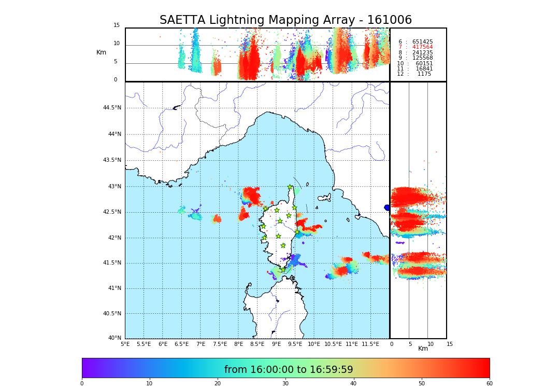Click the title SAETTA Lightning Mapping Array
pyautogui.click(x=285, y=20)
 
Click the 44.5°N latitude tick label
pyautogui.click(x=112, y=108)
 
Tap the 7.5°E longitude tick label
pyautogui.click(x=220, y=344)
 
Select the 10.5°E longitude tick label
pyautogui.click(x=333, y=344)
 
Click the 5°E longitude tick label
pyautogui.click(x=125, y=344)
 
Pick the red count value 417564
pyautogui.click(x=422, y=47)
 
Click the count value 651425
pyautogui.click(x=422, y=42)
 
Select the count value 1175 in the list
pyautogui.click(x=424, y=74)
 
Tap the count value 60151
pyautogui.click(x=424, y=64)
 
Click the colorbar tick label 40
pyautogui.click(x=353, y=384)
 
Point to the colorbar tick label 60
pyautogui.click(x=489, y=384)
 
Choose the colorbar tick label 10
pyautogui.click(x=149, y=384)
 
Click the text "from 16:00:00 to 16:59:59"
pyautogui.click(x=289, y=370)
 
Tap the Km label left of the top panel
pyautogui.click(x=101, y=52)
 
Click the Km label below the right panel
pyautogui.click(x=423, y=349)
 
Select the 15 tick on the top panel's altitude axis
pyautogui.click(x=117, y=25)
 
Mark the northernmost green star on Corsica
pyautogui.click(x=290, y=187)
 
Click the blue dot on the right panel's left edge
pyautogui.click(x=387, y=207)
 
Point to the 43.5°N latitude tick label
pyautogui.click(x=112, y=160)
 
